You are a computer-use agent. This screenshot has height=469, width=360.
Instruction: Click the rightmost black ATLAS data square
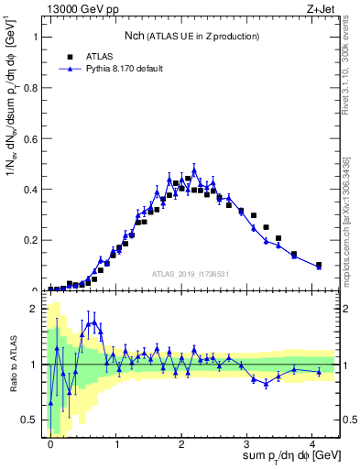(x=319, y=265)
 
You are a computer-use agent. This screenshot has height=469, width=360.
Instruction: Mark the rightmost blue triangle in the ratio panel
(x=319, y=372)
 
